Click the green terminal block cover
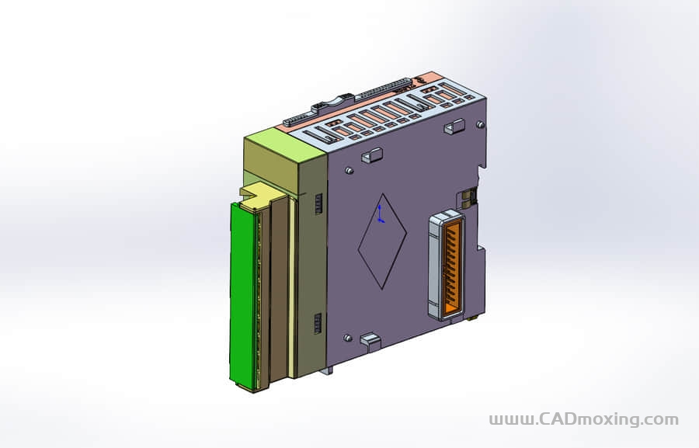243,295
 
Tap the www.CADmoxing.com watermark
583,419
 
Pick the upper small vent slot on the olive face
318,203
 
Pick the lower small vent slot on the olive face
318,323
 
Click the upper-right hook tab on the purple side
454,126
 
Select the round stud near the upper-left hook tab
349,169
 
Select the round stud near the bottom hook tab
347,338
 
